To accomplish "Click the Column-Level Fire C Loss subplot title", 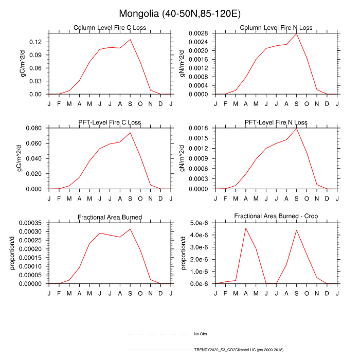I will pyautogui.click(x=110, y=28).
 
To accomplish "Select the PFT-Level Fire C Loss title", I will pyautogui.click(x=110, y=122).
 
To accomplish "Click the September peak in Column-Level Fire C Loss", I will pyautogui.click(x=130, y=40).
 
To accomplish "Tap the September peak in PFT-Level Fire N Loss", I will pyautogui.click(x=297, y=128).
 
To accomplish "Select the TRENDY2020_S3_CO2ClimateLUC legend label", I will pyautogui.click(x=239, y=350).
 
